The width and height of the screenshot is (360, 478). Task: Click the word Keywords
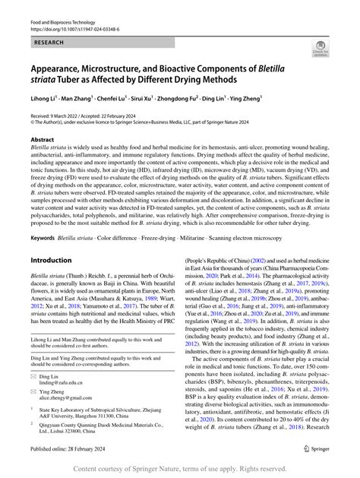[43, 237]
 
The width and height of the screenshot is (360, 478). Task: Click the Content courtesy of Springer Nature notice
[180, 469]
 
